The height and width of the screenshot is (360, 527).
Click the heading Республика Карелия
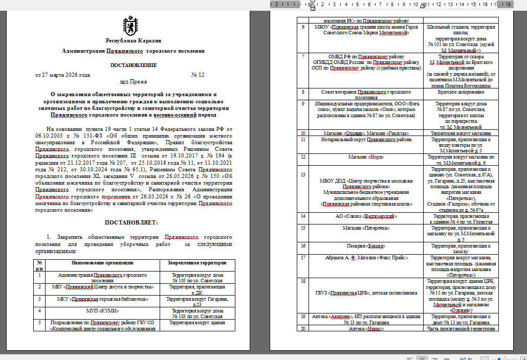point(133,41)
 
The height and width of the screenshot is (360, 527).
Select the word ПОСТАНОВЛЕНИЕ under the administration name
point(133,65)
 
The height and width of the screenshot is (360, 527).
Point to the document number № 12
point(197,75)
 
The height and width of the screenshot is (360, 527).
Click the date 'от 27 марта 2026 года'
point(62,75)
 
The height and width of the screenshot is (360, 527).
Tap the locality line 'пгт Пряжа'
point(133,81)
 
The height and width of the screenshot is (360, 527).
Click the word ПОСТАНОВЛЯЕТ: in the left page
point(131,222)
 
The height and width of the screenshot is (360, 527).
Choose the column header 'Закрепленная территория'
point(197,263)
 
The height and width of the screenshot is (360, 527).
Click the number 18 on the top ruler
point(508,4)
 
